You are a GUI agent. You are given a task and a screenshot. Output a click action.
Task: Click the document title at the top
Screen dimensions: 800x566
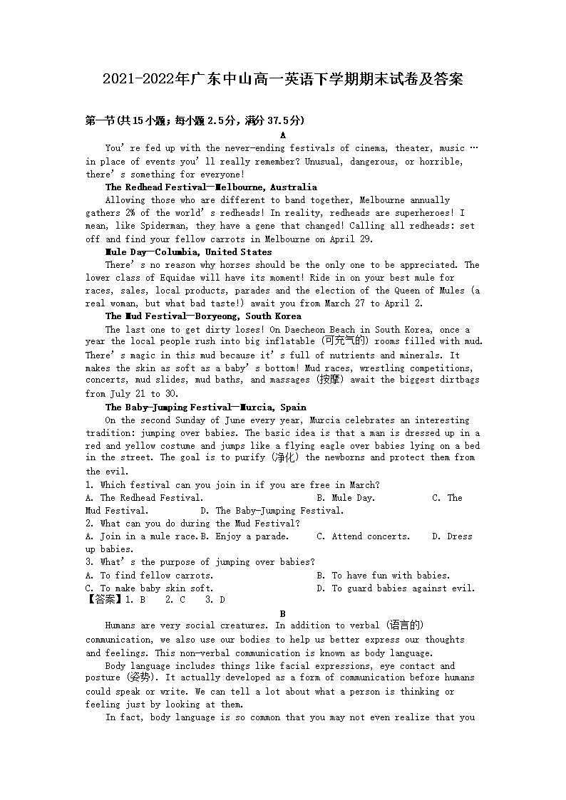(283, 79)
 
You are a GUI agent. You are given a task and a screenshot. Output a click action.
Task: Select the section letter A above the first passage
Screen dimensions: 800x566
(283, 135)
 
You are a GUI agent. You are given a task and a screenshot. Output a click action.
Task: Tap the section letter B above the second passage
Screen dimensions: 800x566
(283, 613)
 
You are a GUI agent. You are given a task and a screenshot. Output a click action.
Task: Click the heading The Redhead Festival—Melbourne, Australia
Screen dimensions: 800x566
(211, 187)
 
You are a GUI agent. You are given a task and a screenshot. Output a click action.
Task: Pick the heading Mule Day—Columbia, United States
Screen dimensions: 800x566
(188, 251)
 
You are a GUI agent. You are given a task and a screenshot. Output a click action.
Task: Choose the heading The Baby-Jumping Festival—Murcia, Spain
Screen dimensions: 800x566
(205, 407)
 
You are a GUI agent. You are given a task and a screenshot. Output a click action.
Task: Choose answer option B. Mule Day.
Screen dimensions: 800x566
(346, 498)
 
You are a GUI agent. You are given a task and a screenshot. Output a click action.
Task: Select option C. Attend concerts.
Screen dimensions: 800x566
(364, 536)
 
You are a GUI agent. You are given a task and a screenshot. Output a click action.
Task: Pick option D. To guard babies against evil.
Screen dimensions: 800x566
(396, 588)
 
